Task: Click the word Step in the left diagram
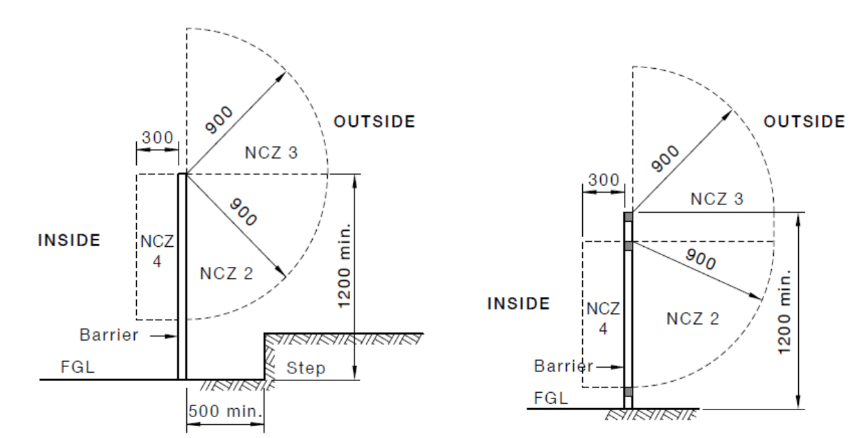(306, 368)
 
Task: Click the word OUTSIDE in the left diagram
(374, 122)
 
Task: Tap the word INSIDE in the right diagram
(518, 304)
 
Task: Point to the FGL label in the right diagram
(550, 398)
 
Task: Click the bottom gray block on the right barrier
(628, 392)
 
